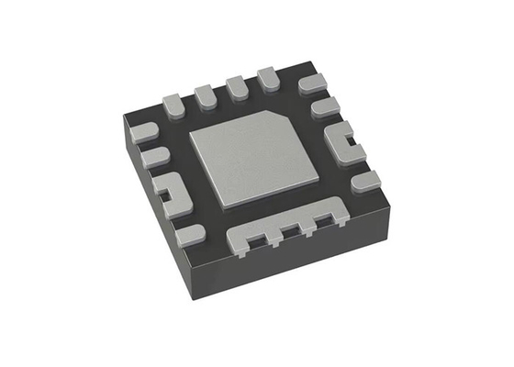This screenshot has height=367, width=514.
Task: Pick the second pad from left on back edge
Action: tap(205, 93)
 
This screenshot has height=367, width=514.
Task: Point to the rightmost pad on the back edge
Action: tap(270, 77)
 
